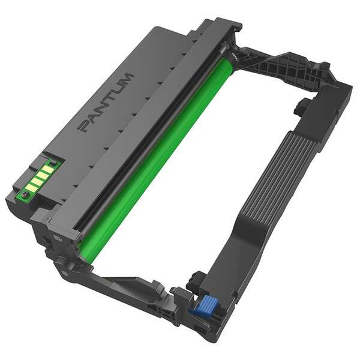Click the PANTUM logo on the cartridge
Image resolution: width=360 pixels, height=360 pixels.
tap(106, 103)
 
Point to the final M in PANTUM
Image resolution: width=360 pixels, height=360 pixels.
tap(125, 80)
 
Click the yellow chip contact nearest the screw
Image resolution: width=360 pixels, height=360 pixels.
tap(32, 188)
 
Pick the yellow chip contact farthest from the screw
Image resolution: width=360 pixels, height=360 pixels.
tap(48, 169)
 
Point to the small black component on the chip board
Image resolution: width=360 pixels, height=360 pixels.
tap(53, 163)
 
